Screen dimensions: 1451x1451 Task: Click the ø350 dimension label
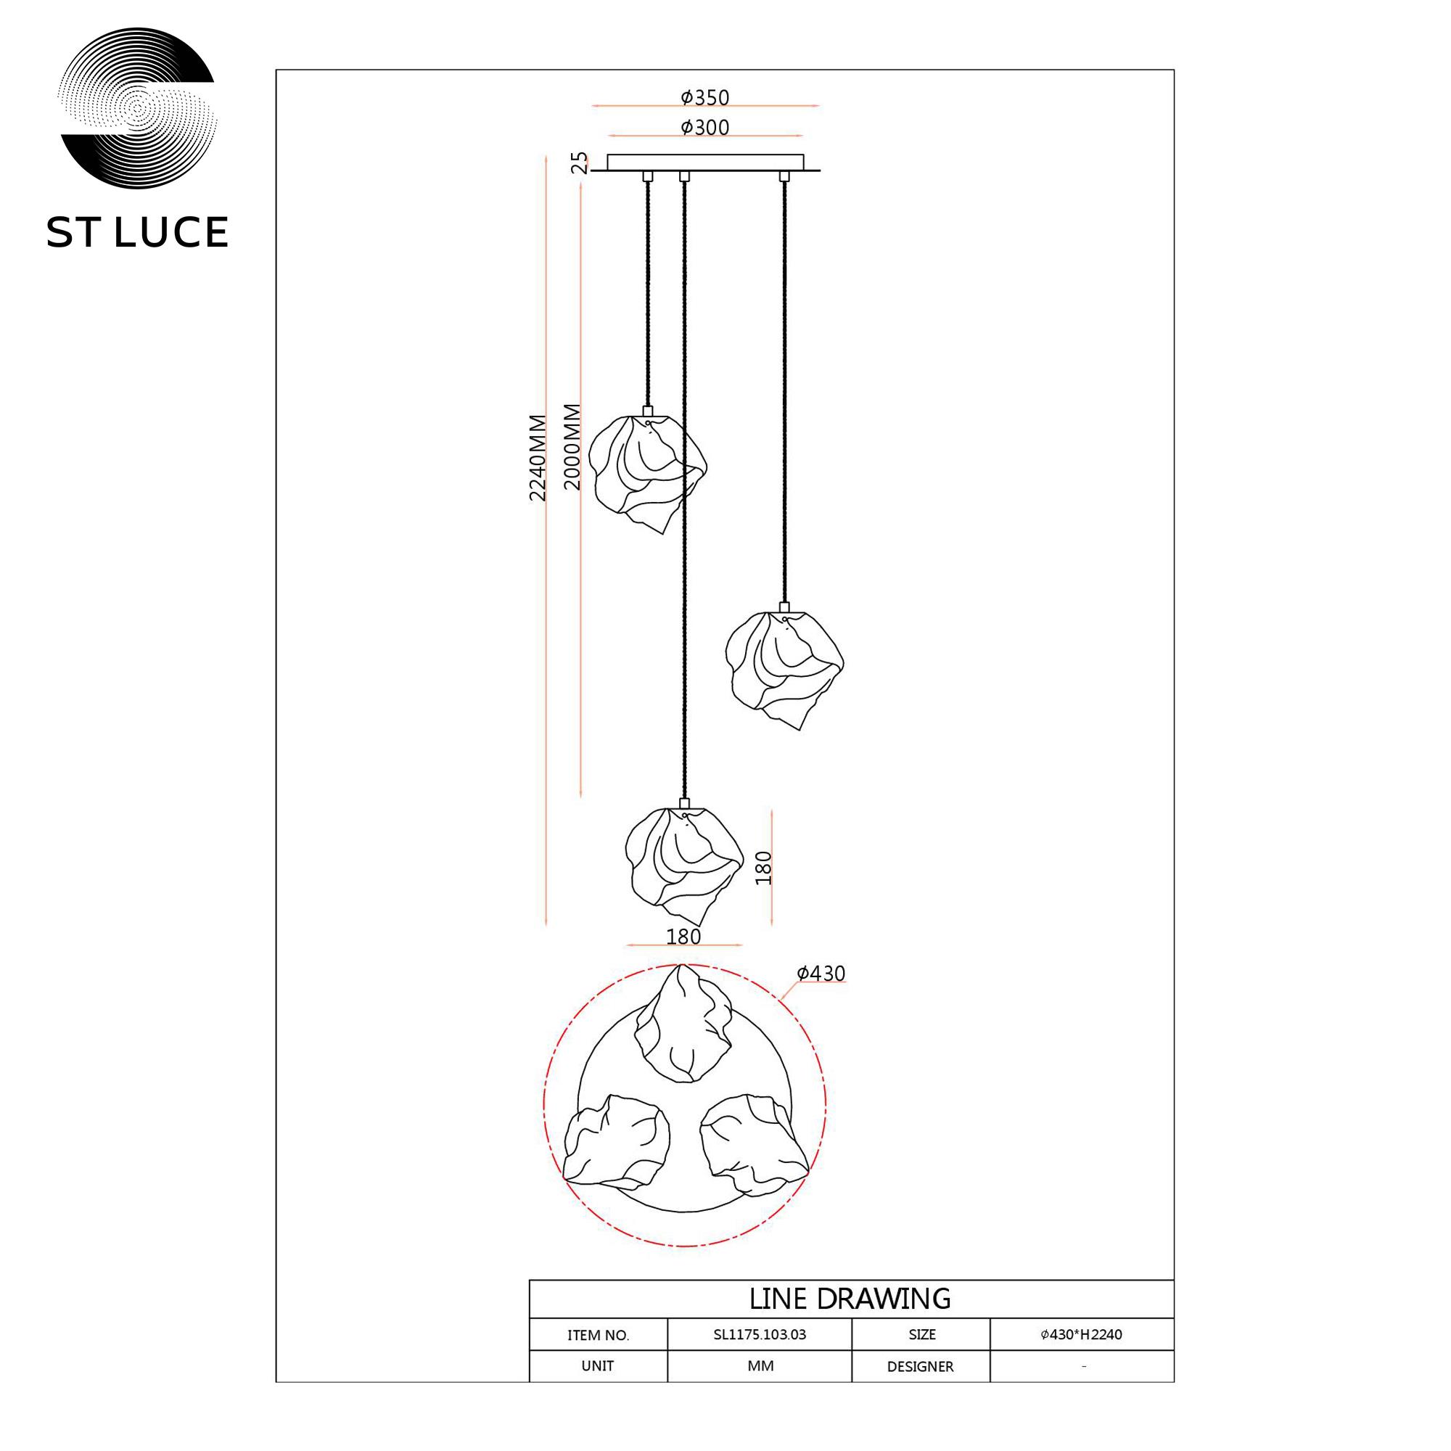point(705,98)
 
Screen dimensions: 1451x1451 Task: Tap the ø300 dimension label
point(705,128)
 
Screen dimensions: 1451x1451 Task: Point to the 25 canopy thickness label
point(580,163)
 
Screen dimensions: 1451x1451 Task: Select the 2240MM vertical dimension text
point(538,457)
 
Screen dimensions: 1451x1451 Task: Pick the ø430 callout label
point(821,974)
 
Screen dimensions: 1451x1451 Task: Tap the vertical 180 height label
point(763,868)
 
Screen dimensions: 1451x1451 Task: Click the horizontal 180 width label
point(683,937)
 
